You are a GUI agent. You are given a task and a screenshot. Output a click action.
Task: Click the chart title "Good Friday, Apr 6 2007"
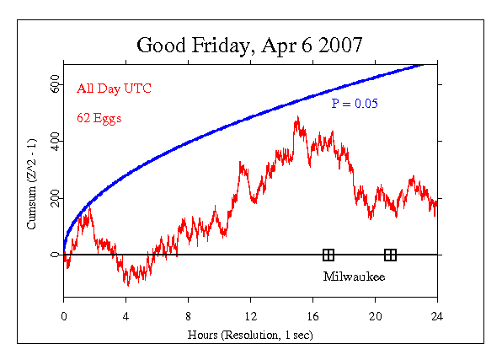coord(250,45)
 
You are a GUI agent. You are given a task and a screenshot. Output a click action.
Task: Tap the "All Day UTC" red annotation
coord(109,88)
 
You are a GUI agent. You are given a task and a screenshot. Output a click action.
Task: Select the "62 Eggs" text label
coord(99,118)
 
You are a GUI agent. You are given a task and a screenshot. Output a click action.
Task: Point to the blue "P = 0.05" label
coord(355,104)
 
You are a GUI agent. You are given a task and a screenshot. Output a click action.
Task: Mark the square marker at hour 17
coord(328,255)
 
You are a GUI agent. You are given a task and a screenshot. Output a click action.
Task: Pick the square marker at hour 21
coord(390,255)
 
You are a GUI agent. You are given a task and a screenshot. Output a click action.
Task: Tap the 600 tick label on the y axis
coord(53,86)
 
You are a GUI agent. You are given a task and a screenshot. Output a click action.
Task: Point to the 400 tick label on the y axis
coord(53,142)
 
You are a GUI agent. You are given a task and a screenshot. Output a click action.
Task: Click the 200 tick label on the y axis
coord(53,198)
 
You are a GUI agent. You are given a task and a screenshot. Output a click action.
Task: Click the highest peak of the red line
coord(296,118)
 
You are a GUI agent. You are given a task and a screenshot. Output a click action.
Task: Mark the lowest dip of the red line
coord(128,284)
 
